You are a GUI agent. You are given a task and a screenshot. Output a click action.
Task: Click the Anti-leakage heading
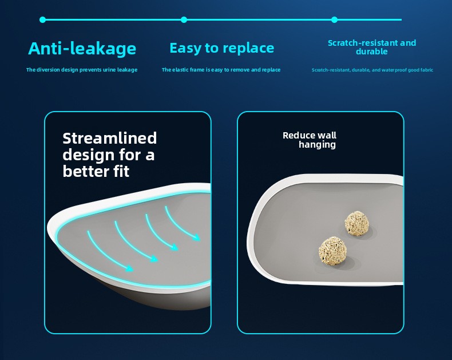click(82, 49)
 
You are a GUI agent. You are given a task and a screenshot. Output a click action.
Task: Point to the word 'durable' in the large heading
click(371, 52)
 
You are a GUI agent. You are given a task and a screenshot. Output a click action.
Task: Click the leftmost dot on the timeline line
click(43, 19)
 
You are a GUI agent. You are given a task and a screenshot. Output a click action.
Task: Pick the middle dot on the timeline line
click(184, 19)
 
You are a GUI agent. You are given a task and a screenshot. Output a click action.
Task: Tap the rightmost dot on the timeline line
click(334, 19)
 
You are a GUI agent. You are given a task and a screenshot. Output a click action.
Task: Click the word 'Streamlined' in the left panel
click(109, 138)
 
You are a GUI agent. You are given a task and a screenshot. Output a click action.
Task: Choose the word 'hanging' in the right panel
click(317, 145)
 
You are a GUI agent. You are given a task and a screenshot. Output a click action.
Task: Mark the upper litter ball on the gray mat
click(357, 223)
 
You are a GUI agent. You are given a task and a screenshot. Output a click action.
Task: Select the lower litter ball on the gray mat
click(332, 250)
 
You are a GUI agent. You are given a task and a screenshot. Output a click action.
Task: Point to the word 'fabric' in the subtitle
click(427, 70)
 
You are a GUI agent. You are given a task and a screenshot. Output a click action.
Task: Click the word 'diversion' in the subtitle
click(49, 70)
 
